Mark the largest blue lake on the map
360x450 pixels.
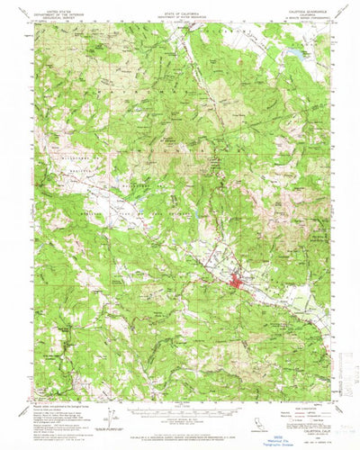coord(292,60)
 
